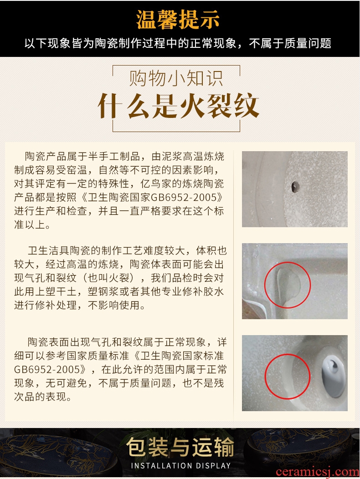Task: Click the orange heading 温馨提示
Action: (x=178, y=20)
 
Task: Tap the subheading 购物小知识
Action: (x=176, y=78)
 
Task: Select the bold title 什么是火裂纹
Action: (x=178, y=106)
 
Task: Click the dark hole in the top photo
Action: (x=295, y=187)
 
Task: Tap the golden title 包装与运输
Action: (x=180, y=447)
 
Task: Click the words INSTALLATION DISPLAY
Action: (x=181, y=466)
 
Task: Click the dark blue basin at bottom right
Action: (x=303, y=448)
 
